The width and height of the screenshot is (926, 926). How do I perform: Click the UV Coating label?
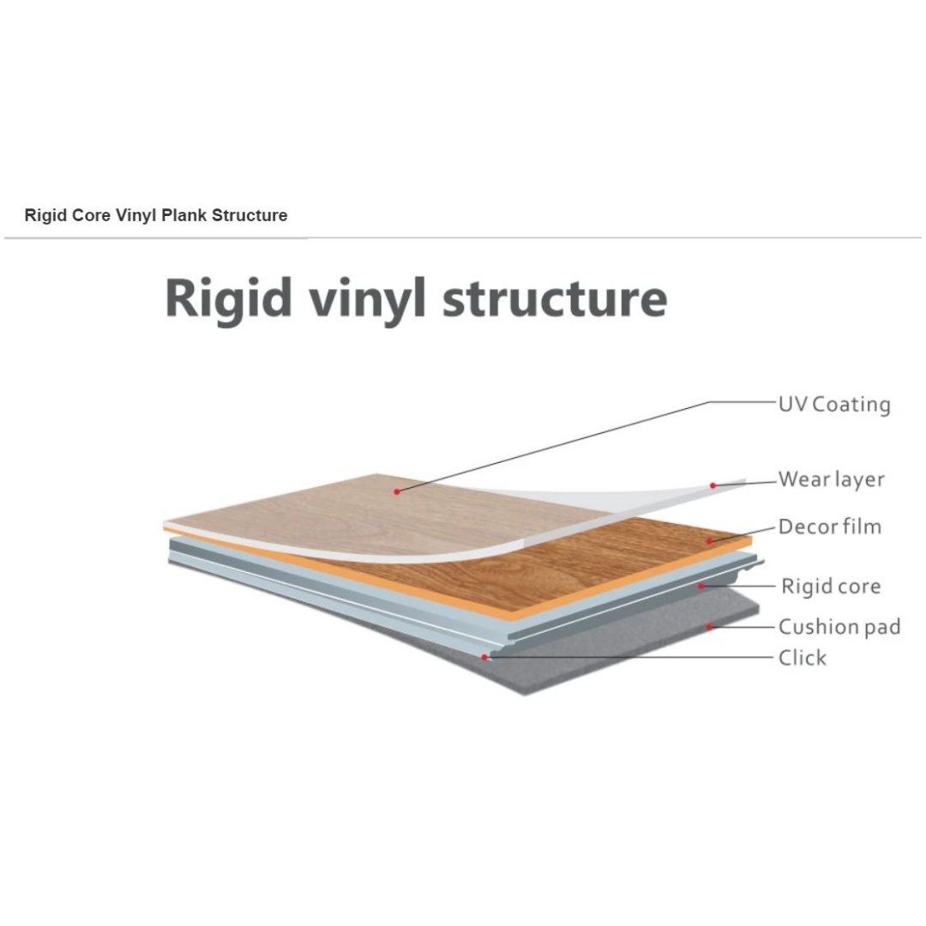pyautogui.click(x=834, y=405)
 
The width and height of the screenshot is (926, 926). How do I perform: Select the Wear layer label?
pyautogui.click(x=831, y=479)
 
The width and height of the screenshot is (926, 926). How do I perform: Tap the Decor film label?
pyautogui.click(x=830, y=526)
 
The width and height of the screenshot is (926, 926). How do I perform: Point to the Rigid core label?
pyautogui.click(x=831, y=586)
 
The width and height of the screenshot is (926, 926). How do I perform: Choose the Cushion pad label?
pyautogui.click(x=839, y=626)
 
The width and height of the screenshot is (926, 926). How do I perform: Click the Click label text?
pyautogui.click(x=802, y=658)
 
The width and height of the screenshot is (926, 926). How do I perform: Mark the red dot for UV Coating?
pyautogui.click(x=397, y=491)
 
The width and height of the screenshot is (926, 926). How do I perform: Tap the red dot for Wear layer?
pyautogui.click(x=713, y=485)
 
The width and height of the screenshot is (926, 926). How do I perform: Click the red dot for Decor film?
pyautogui.click(x=709, y=541)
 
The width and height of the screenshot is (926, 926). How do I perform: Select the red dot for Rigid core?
pyautogui.click(x=701, y=586)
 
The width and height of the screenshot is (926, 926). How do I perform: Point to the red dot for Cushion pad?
pyautogui.click(x=710, y=627)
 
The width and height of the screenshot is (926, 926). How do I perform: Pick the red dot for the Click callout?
pyautogui.click(x=484, y=658)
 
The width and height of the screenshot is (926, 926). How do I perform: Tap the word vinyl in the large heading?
pyautogui.click(x=367, y=300)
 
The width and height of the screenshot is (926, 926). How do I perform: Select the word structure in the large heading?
pyautogui.click(x=555, y=299)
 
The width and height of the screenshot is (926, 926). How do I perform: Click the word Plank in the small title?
pyautogui.click(x=184, y=215)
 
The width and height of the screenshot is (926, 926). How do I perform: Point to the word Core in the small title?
pyautogui.click(x=91, y=215)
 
